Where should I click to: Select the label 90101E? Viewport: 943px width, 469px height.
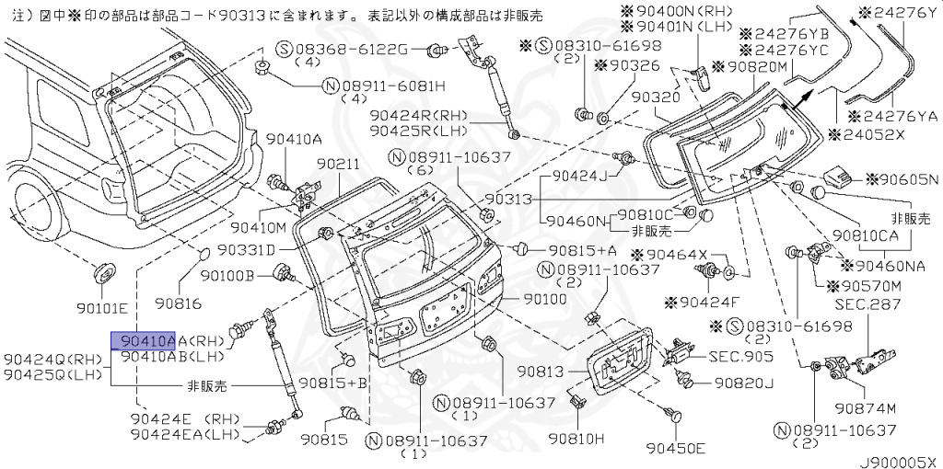pyautogui.click(x=101, y=307)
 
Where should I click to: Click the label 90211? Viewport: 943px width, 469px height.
pyautogui.click(x=338, y=164)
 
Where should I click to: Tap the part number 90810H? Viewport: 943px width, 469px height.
pyautogui.click(x=576, y=439)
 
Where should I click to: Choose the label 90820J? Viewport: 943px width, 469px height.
pyautogui.click(x=744, y=382)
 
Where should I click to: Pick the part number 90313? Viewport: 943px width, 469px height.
pyautogui.click(x=508, y=199)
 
